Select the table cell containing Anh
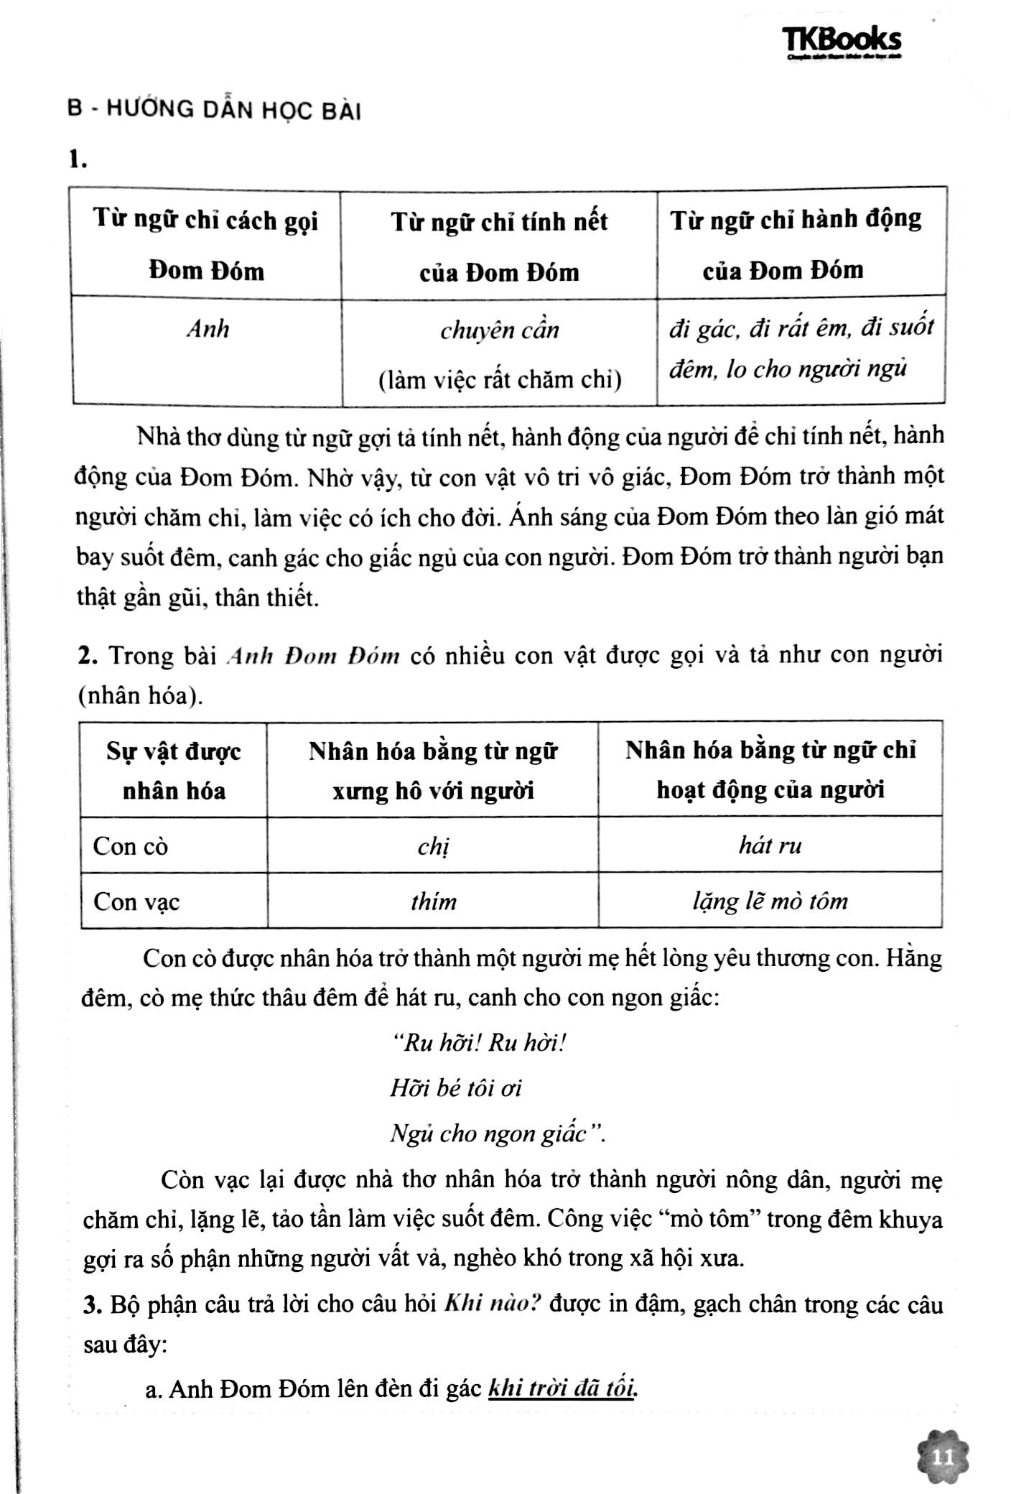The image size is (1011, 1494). pyautogui.click(x=208, y=329)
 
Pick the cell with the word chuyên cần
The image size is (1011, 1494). pyautogui.click(x=499, y=330)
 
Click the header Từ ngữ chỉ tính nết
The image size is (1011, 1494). pyautogui.click(x=499, y=221)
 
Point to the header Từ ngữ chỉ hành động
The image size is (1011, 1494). pyautogui.click(x=796, y=220)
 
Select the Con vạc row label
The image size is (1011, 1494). pyautogui.click(x=136, y=901)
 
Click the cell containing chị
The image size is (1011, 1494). pyautogui.click(x=433, y=846)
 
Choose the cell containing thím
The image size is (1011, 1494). pyautogui.click(x=433, y=901)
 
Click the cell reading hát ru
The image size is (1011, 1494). pyautogui.click(x=770, y=845)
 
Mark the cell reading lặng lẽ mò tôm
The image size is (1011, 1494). pyautogui.click(x=770, y=901)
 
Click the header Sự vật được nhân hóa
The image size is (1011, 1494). pyautogui.click(x=174, y=771)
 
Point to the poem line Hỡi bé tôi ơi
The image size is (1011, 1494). pyautogui.click(x=455, y=1088)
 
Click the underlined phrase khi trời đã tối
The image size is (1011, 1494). pyautogui.click(x=563, y=1388)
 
